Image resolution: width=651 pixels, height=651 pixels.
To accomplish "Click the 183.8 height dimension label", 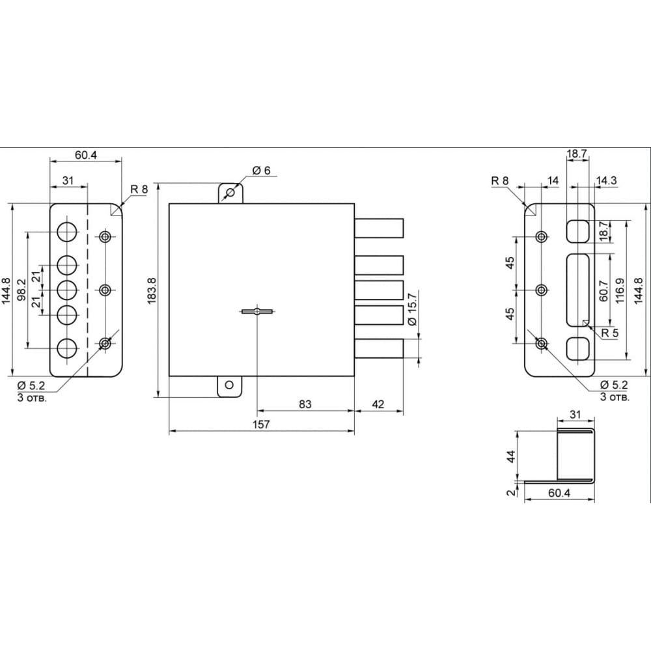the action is (x=152, y=290).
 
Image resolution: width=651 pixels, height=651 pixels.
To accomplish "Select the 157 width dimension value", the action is (x=261, y=424).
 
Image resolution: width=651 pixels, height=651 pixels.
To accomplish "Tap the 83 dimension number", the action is (x=305, y=404).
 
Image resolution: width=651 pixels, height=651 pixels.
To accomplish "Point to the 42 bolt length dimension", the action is (x=378, y=404).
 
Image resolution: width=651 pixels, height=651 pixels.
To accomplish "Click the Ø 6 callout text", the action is (x=261, y=170).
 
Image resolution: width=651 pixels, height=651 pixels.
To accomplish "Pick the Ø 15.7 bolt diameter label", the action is (x=412, y=309).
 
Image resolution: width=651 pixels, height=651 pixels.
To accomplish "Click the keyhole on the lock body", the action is (x=258, y=311).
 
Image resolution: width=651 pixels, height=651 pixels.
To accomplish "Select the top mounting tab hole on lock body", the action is (x=230, y=193).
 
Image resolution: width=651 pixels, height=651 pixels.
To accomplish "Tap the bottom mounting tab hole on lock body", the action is (x=229, y=385).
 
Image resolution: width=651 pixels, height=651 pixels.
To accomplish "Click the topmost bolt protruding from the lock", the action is (x=379, y=228).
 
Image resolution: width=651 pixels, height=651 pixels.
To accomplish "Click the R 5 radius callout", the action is (x=609, y=333).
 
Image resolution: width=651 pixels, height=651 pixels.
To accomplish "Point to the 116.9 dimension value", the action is (x=620, y=290).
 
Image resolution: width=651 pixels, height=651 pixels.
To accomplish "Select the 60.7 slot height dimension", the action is (x=604, y=290).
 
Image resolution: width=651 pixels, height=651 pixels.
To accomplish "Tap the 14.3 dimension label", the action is (x=607, y=180).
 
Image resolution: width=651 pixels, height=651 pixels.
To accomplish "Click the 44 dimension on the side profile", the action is (x=512, y=456).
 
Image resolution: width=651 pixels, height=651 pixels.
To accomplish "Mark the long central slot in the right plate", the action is (x=578, y=290).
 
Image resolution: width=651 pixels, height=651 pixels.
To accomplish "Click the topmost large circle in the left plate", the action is (x=67, y=232).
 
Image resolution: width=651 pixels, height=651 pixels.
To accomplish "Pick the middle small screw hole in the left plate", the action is (x=105, y=290).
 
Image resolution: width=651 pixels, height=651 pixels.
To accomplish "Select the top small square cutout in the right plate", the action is (x=578, y=231).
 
